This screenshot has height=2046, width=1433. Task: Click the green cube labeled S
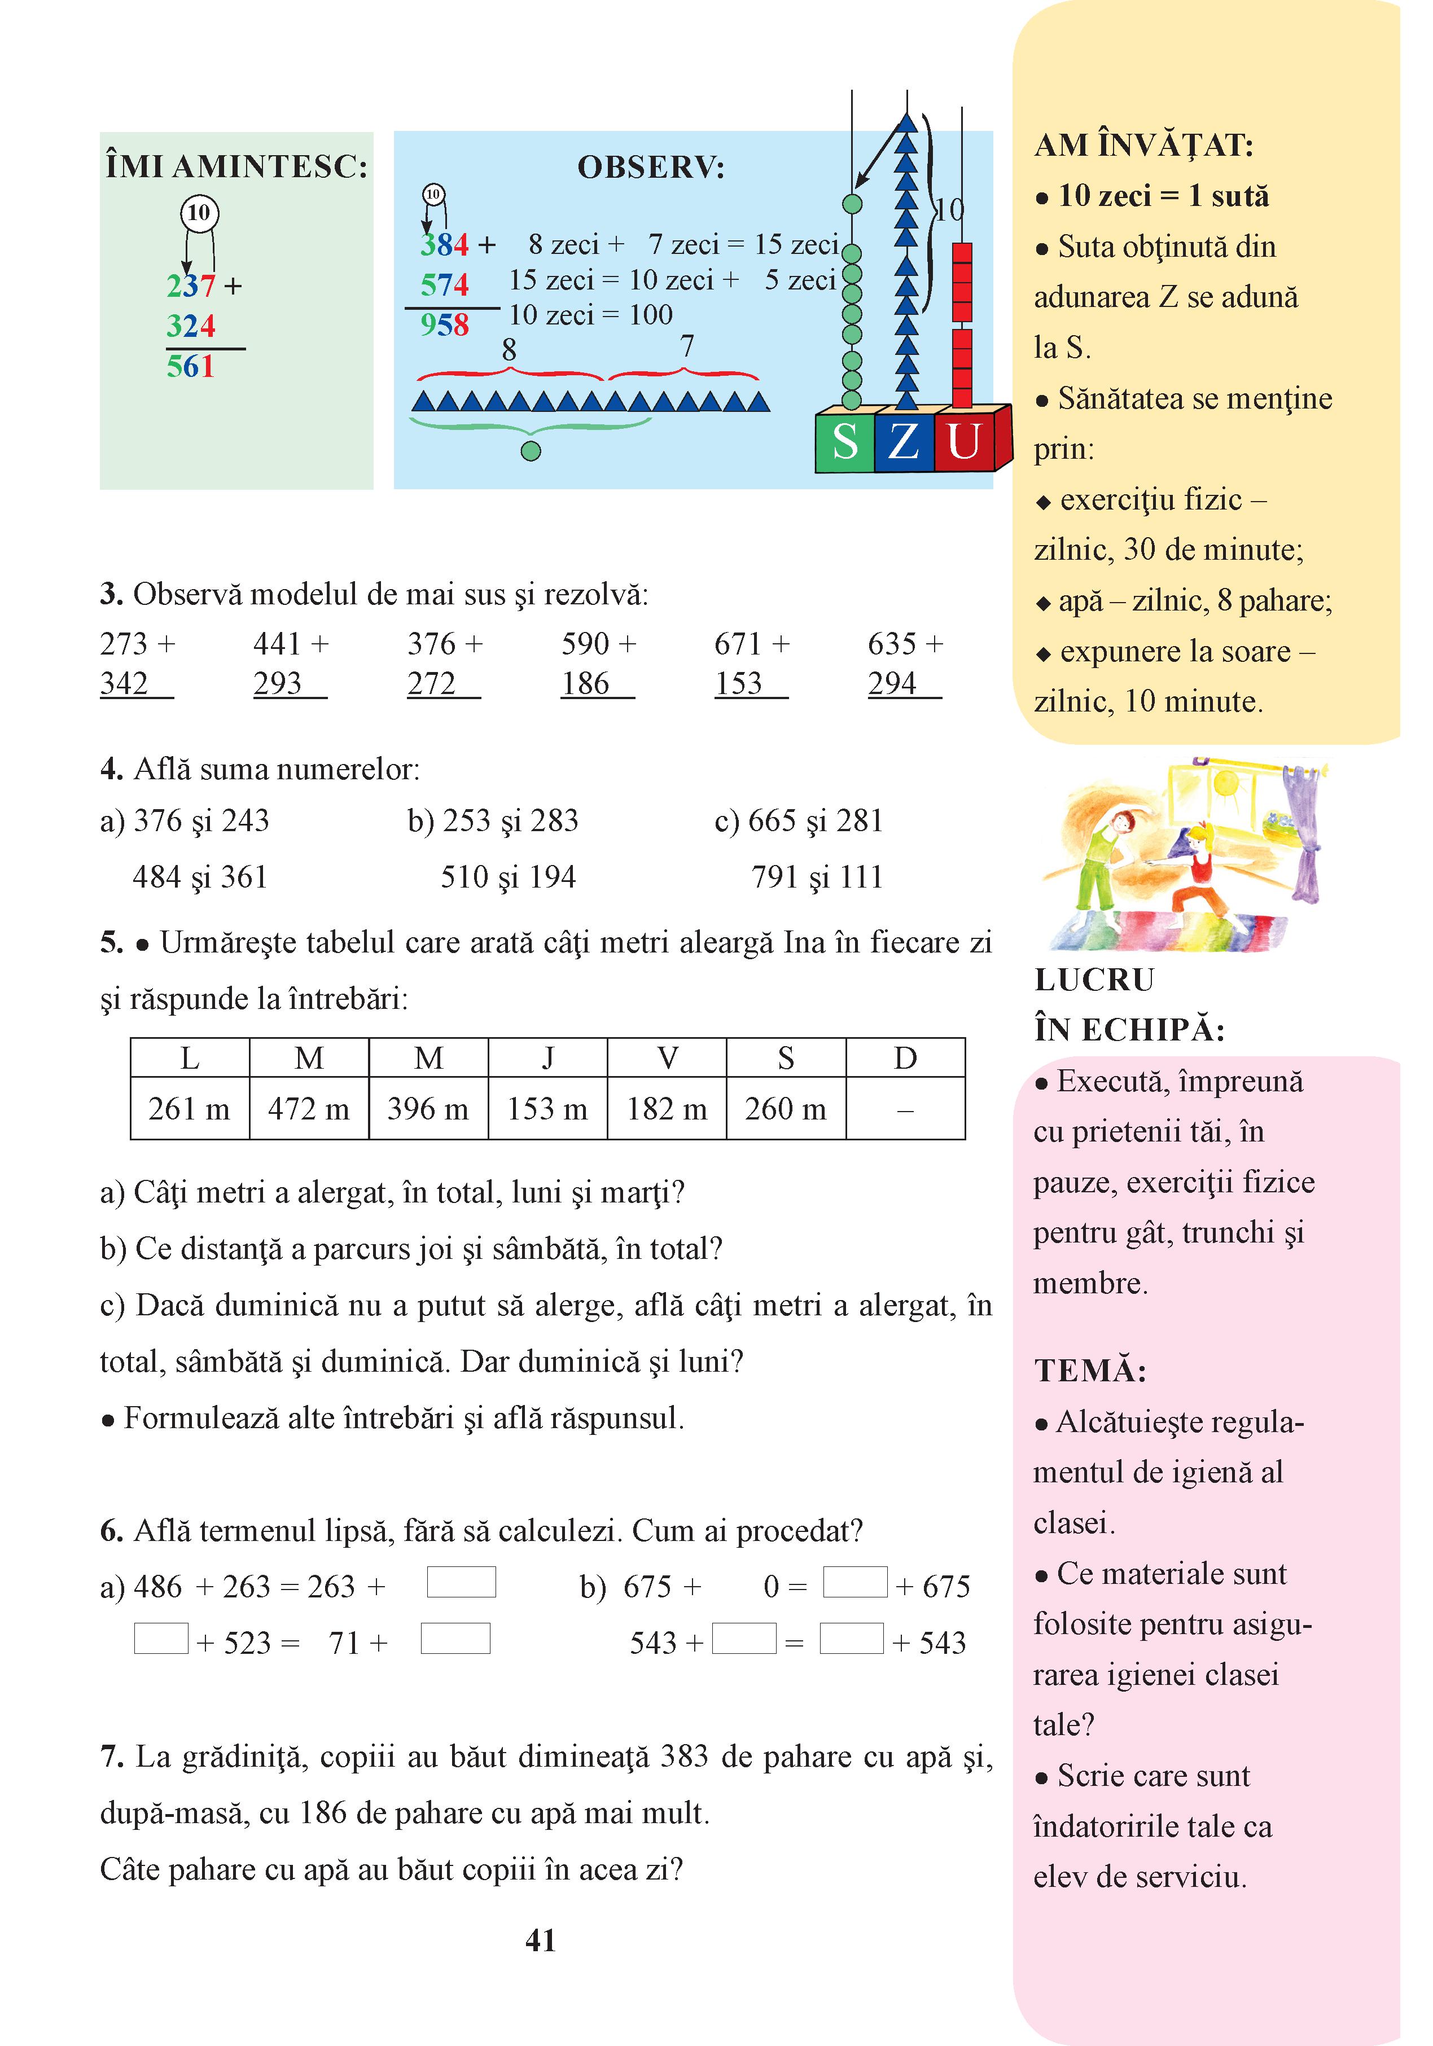tap(845, 441)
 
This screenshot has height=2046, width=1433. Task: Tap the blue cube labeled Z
tap(904, 441)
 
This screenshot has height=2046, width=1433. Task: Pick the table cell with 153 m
tap(547, 1109)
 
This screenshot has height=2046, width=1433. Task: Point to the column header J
tap(547, 1058)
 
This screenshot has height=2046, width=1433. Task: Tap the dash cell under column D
tap(905, 1109)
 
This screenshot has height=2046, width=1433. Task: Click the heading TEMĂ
tap(1090, 1369)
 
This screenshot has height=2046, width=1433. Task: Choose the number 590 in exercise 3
tap(585, 643)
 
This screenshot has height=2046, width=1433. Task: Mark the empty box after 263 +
tap(461, 1582)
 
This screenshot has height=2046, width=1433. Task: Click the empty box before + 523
tap(161, 1638)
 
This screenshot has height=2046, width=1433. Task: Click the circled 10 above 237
tap(199, 213)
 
